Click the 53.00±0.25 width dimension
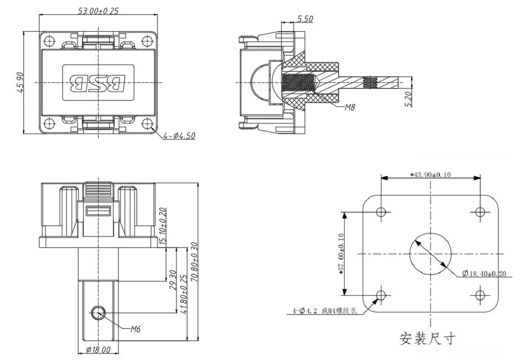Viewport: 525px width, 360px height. point(98,11)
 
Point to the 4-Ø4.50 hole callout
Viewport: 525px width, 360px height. point(179,136)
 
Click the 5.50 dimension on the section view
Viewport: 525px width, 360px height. point(305,19)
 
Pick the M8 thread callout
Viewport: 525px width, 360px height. point(350,107)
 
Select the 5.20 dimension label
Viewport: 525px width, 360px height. point(408,99)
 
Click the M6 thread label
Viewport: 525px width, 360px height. point(135,329)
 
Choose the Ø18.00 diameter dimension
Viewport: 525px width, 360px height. point(98,350)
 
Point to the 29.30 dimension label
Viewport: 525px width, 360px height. point(173,279)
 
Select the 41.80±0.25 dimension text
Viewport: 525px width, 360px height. point(184,295)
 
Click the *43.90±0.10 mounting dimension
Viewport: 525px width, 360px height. point(431,175)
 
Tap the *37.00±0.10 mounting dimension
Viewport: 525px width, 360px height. point(341,254)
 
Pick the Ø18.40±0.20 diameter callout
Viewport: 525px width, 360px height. point(485,274)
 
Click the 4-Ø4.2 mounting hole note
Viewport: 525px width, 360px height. point(325,311)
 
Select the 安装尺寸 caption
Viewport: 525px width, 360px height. point(428,338)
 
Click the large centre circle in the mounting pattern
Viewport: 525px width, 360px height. point(431,233)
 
